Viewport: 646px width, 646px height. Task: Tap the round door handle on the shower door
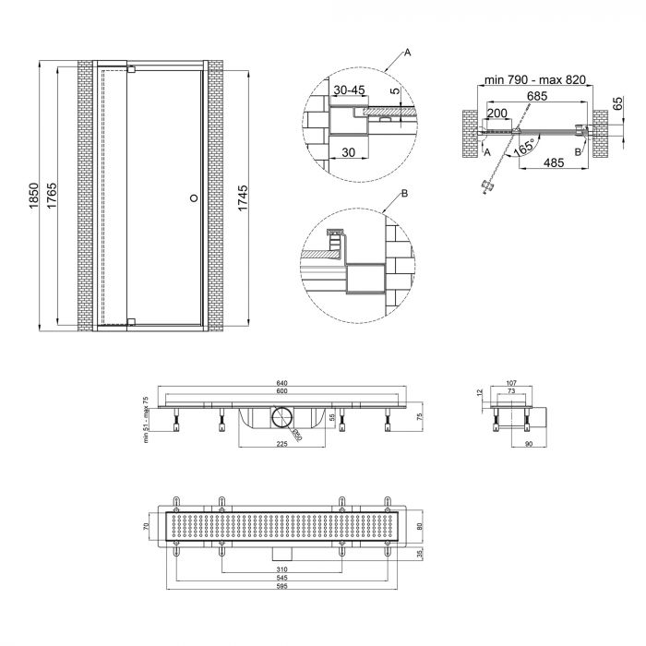(x=193, y=197)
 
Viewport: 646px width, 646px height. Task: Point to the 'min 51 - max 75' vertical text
(x=145, y=419)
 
